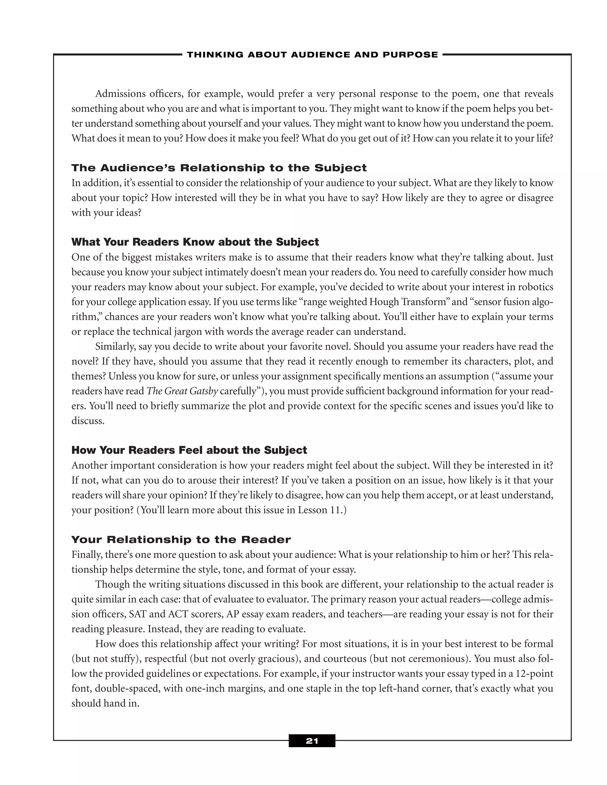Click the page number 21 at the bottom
[x=312, y=741]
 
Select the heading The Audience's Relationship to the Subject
[x=219, y=168]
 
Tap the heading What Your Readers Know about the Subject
[x=195, y=242]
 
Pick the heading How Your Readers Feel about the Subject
[x=189, y=450]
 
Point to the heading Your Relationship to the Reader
[x=181, y=539]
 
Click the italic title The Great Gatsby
[x=182, y=391]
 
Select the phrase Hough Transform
[x=409, y=302]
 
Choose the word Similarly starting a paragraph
[x=115, y=347]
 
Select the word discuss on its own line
[x=87, y=421]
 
